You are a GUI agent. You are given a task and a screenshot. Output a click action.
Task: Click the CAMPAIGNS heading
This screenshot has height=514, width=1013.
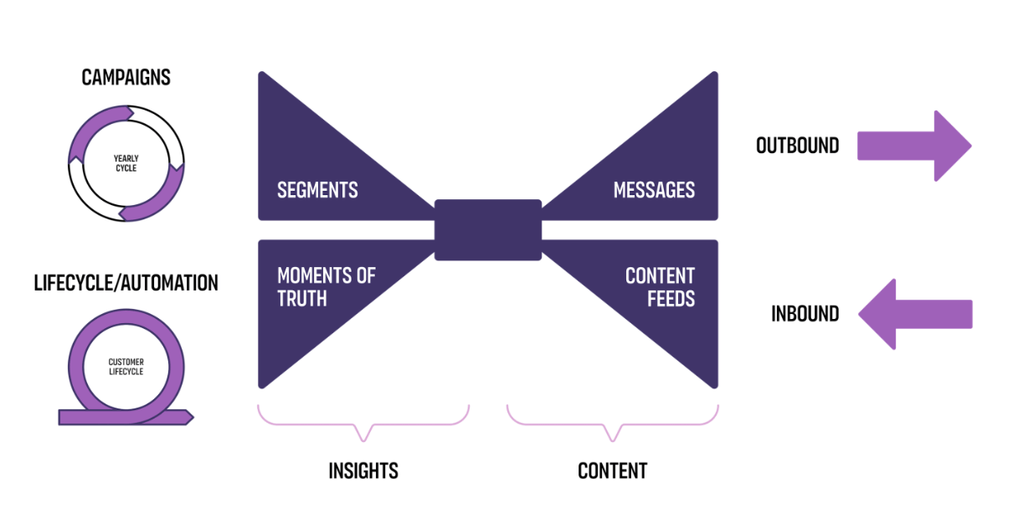126,78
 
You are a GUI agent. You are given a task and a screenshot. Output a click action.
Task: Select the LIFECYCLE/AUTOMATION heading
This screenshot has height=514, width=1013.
126,283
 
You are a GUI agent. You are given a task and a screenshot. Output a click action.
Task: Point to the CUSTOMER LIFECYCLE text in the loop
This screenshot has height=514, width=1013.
126,367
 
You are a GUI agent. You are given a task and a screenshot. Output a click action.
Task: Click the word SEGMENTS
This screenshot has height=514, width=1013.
317,190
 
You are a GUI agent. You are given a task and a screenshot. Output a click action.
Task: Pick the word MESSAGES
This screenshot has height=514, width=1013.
654,190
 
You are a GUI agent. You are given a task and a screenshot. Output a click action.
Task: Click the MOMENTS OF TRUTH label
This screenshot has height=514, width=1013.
326,286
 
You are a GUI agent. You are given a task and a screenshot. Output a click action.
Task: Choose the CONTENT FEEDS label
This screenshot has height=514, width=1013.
660,286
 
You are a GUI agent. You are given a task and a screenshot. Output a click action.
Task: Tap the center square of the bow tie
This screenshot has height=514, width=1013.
488,229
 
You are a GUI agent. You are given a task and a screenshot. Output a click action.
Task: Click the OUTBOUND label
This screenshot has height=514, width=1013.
797,146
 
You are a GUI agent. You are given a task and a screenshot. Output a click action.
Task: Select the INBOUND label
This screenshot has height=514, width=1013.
805,314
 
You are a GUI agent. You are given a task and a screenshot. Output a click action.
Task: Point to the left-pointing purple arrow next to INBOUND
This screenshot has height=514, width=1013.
914,314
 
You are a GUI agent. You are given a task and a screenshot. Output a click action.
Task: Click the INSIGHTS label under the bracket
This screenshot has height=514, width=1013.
363,470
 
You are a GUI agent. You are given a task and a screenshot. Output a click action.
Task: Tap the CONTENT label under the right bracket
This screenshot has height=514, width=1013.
613,470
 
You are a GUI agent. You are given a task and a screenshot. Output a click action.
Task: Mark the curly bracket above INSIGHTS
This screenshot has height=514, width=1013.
363,423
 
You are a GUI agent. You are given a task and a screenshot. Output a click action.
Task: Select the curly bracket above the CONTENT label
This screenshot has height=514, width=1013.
613,423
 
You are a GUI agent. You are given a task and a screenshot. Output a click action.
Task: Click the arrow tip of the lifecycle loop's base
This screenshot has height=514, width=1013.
189,416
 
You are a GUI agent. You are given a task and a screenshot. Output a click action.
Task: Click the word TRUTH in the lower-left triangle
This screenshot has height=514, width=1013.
302,298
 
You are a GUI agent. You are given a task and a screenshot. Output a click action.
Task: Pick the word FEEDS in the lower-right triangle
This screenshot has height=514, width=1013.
671,298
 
